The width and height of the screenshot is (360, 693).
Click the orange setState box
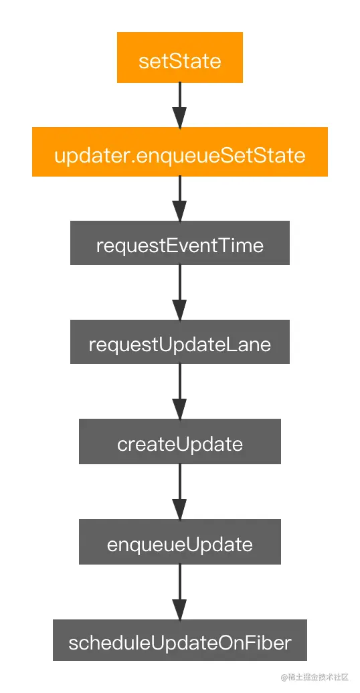180,58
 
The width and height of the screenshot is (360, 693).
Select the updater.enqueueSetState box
180,152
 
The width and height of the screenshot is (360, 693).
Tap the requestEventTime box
180,243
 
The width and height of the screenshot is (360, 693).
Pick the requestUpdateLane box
180,342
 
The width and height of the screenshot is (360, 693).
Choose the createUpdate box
180,441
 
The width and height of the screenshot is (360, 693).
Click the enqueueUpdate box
180,542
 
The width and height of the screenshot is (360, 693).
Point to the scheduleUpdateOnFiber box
180,640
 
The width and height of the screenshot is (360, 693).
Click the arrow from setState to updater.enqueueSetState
179,106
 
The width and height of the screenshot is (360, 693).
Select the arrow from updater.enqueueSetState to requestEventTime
179,199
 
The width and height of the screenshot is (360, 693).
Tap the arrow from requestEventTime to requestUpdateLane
179,292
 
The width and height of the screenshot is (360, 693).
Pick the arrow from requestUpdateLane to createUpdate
179,391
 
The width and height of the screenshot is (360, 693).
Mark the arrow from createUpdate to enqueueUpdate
179,492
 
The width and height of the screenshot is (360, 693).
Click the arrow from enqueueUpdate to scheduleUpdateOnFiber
179,592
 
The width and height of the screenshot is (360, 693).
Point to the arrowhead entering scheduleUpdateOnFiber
179,610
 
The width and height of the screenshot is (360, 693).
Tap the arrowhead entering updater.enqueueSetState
179,118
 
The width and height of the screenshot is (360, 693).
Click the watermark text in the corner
315,677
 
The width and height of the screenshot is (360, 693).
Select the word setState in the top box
180,61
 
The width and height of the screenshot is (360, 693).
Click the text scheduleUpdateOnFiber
180,643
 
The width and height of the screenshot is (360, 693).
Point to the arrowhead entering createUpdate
179,409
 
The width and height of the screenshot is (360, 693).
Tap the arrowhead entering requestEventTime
179,211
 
